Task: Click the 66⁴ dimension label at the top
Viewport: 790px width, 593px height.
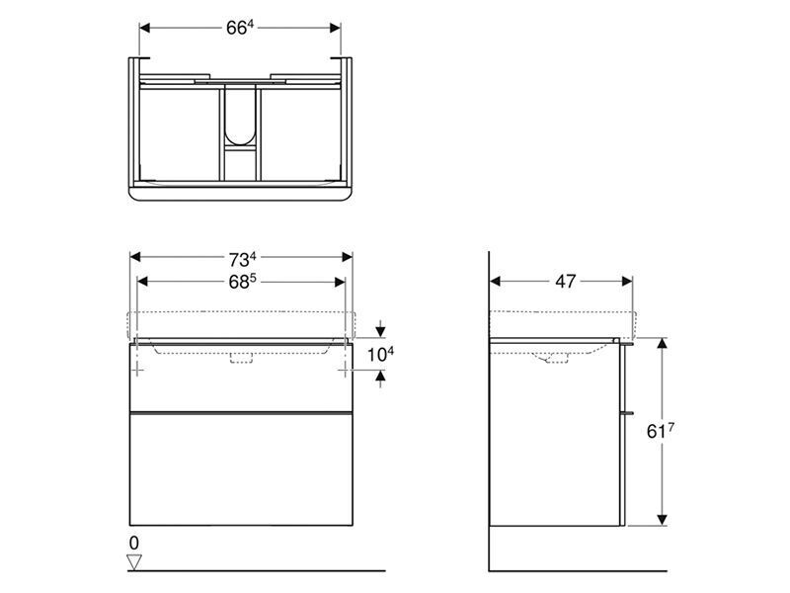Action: (x=239, y=28)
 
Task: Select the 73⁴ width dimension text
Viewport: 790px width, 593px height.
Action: (x=242, y=260)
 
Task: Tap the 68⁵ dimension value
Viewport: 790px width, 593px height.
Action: (x=242, y=282)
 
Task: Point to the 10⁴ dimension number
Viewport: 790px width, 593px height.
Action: (x=380, y=354)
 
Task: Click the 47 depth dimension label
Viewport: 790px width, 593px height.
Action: (x=565, y=282)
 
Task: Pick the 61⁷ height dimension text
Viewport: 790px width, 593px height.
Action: (x=661, y=431)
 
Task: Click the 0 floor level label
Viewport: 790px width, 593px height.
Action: (x=133, y=543)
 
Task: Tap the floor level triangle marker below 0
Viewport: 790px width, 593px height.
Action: (x=134, y=561)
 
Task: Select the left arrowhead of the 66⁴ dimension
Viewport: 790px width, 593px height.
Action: (x=144, y=29)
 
